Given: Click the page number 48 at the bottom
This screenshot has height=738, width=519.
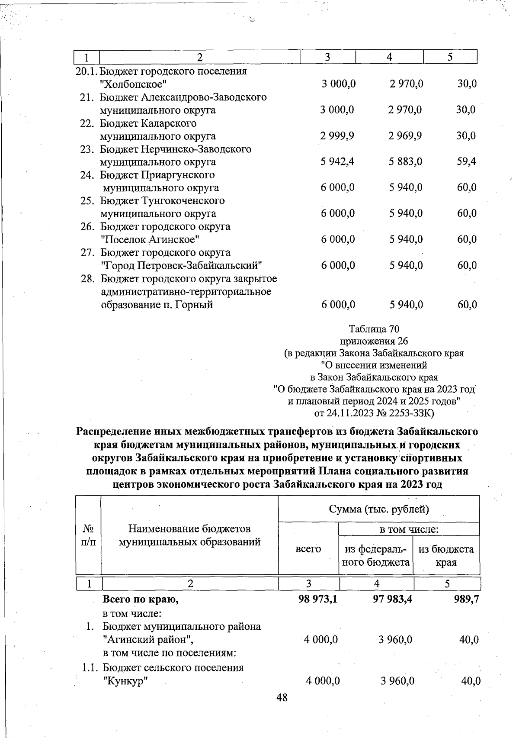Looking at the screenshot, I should pyautogui.click(x=282, y=697).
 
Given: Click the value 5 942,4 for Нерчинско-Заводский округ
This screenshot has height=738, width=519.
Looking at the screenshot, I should pyautogui.click(x=337, y=162).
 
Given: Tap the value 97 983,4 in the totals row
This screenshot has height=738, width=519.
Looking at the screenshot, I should pyautogui.click(x=386, y=600).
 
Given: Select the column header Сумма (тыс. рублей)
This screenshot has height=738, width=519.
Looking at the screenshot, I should pyautogui.click(x=378, y=509).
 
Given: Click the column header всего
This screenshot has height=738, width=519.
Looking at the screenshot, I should pyautogui.click(x=308, y=549).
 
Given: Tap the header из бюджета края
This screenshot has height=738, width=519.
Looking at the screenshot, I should pyautogui.click(x=446, y=556).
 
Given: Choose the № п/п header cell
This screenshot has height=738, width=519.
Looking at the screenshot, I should pyautogui.click(x=88, y=535).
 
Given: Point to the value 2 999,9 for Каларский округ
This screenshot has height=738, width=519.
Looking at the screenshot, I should pyautogui.click(x=337, y=136).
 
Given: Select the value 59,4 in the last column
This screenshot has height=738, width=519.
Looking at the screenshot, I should pyautogui.click(x=466, y=162).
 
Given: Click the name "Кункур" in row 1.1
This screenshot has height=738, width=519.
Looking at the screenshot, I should pyautogui.click(x=125, y=681).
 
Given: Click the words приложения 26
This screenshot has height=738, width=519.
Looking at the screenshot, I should pyautogui.click(x=374, y=341).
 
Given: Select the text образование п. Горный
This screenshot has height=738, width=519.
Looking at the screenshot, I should pyautogui.click(x=157, y=305).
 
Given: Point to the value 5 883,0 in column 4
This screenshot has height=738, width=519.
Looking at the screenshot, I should pyautogui.click(x=405, y=162).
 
